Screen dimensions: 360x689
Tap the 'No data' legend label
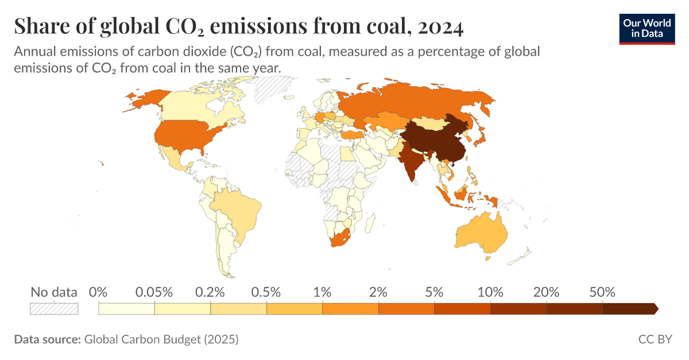[x=53, y=292]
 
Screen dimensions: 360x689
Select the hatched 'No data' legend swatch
[x=53, y=309]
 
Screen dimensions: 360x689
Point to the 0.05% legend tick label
[x=154, y=292]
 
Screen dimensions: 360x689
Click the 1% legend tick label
[x=322, y=292]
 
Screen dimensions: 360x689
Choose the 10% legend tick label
[x=490, y=292]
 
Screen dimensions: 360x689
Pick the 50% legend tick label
[x=602, y=292]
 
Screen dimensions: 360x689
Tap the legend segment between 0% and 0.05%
[x=126, y=309]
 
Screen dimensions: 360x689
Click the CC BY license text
[x=655, y=339]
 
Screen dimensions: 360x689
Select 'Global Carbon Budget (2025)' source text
[x=161, y=339]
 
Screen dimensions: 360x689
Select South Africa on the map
[x=340, y=237]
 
